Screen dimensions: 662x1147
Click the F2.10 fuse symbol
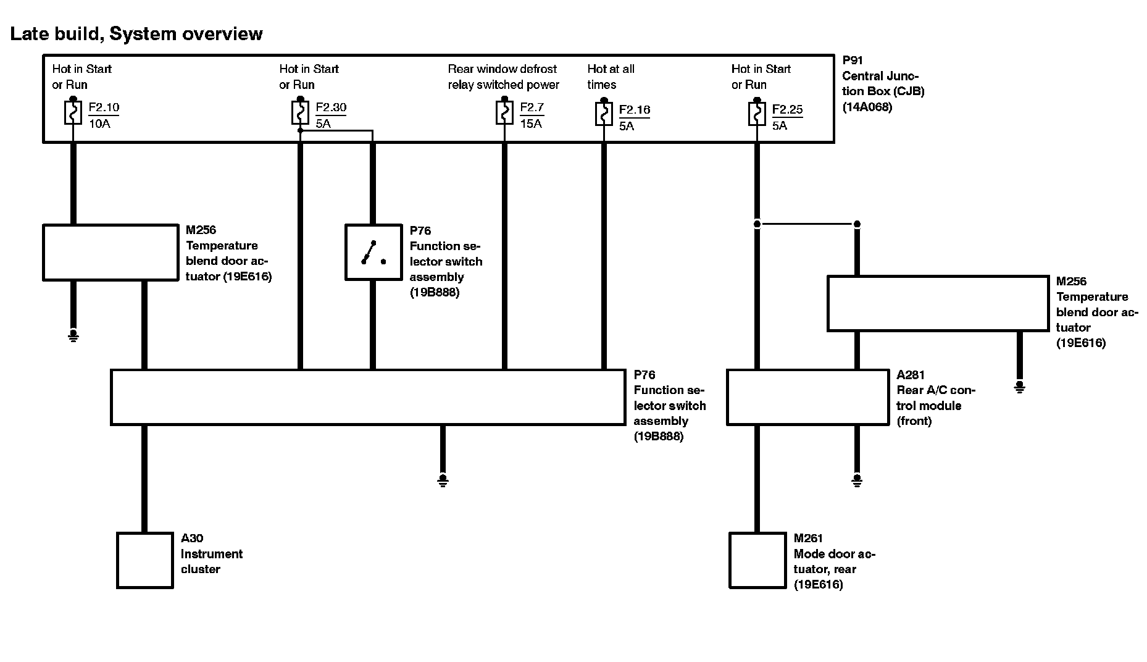tap(73, 113)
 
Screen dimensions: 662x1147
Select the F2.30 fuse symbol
tap(300, 113)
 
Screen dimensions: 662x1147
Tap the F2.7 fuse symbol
tap(504, 113)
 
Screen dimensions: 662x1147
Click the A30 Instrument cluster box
tap(145, 560)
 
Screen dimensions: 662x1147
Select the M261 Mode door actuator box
tap(757, 560)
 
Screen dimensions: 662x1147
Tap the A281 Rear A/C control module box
tap(807, 397)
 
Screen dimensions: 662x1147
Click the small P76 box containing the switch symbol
tap(373, 253)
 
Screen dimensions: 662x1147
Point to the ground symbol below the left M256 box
tap(73, 336)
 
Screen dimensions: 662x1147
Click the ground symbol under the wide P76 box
tap(443, 480)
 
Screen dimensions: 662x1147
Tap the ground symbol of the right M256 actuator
tap(1019, 387)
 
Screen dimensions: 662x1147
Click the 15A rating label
tap(531, 124)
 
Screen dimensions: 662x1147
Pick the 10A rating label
tap(99, 124)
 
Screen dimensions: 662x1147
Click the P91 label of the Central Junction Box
tap(853, 61)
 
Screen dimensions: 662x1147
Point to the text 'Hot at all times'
tap(611, 77)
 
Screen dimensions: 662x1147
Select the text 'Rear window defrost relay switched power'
tap(503, 77)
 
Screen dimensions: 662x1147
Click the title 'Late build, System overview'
tap(136, 33)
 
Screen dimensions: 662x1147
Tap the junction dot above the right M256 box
tap(856, 224)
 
